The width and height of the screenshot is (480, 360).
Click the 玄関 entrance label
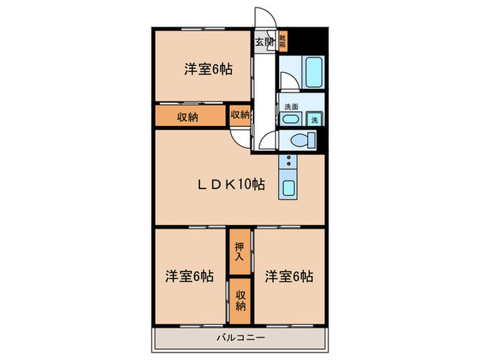click(x=265, y=42)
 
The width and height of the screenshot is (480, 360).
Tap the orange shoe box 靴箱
click(x=283, y=42)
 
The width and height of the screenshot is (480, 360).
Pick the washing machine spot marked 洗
click(x=315, y=119)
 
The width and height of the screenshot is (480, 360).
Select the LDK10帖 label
click(x=232, y=184)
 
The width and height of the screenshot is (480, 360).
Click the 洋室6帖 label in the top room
click(x=207, y=69)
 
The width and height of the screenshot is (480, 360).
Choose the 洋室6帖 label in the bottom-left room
click(x=188, y=276)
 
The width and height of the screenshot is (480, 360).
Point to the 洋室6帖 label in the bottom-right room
click(x=289, y=276)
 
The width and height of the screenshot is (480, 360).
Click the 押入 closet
click(x=239, y=252)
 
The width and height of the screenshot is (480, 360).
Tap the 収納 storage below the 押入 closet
click(x=241, y=300)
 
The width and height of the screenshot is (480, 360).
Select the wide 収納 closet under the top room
click(x=189, y=117)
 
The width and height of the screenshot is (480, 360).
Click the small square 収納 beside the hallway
click(x=239, y=115)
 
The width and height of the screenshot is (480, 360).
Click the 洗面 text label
click(x=291, y=106)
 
